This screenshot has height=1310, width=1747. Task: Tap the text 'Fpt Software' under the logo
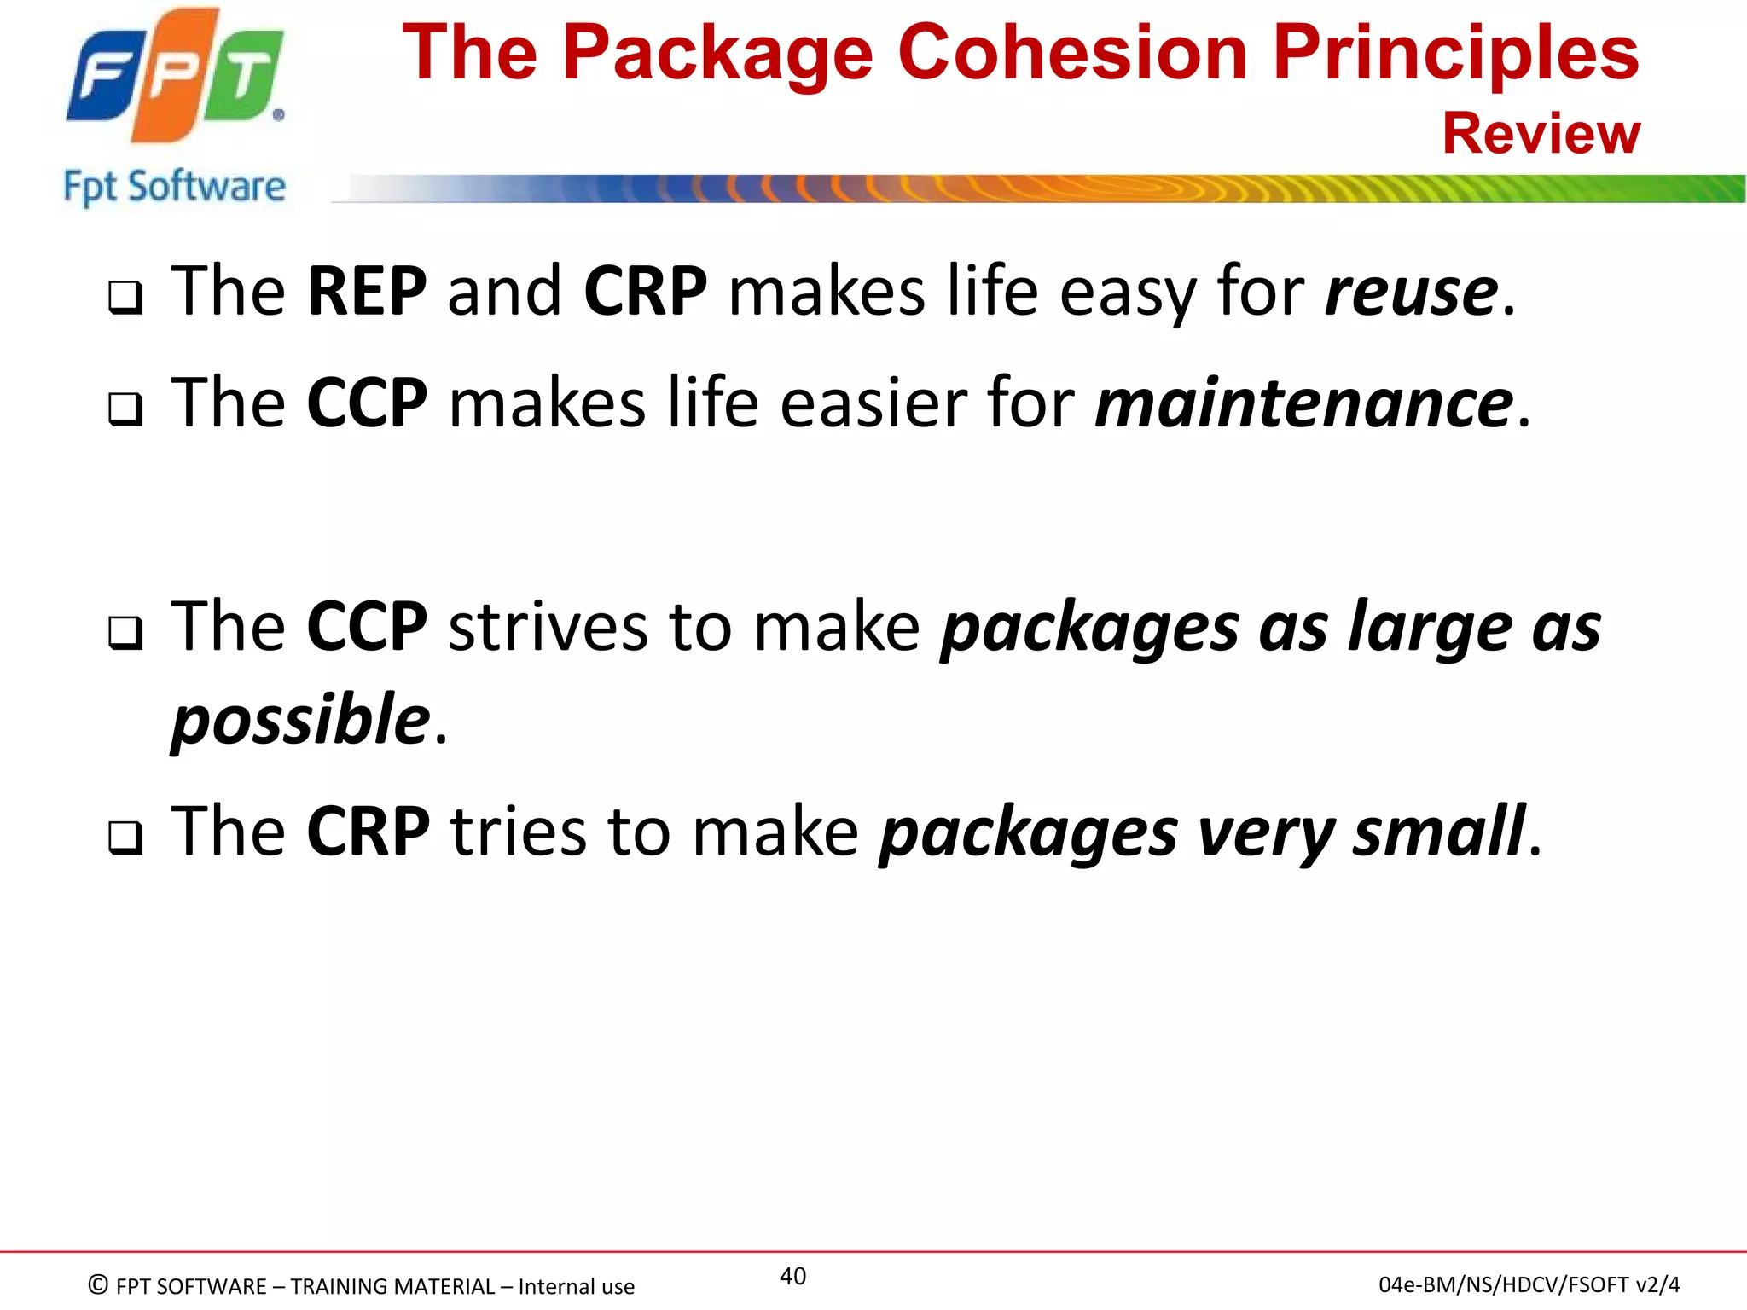coord(174,186)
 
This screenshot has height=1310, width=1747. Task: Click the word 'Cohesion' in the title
coord(1074,53)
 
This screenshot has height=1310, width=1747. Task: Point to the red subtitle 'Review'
coord(1541,134)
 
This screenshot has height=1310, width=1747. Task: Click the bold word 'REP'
coord(367,292)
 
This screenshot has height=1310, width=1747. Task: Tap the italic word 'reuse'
coord(1412,292)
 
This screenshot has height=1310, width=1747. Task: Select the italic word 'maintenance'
coord(1304,403)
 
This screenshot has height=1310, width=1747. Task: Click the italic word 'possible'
coord(300,719)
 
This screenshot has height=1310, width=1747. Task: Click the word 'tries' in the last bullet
coord(519,831)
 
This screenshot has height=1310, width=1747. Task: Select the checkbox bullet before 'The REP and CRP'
coord(125,298)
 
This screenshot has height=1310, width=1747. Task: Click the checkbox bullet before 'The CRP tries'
coord(125,838)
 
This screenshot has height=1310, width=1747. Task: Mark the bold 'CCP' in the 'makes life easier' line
coord(367,403)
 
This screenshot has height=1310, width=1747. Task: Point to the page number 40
coord(792,1276)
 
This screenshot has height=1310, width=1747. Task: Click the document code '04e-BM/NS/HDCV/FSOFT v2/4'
coord(1529,1284)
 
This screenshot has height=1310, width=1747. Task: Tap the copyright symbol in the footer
coord(98,1284)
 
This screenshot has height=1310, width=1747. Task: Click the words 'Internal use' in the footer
coord(576,1286)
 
